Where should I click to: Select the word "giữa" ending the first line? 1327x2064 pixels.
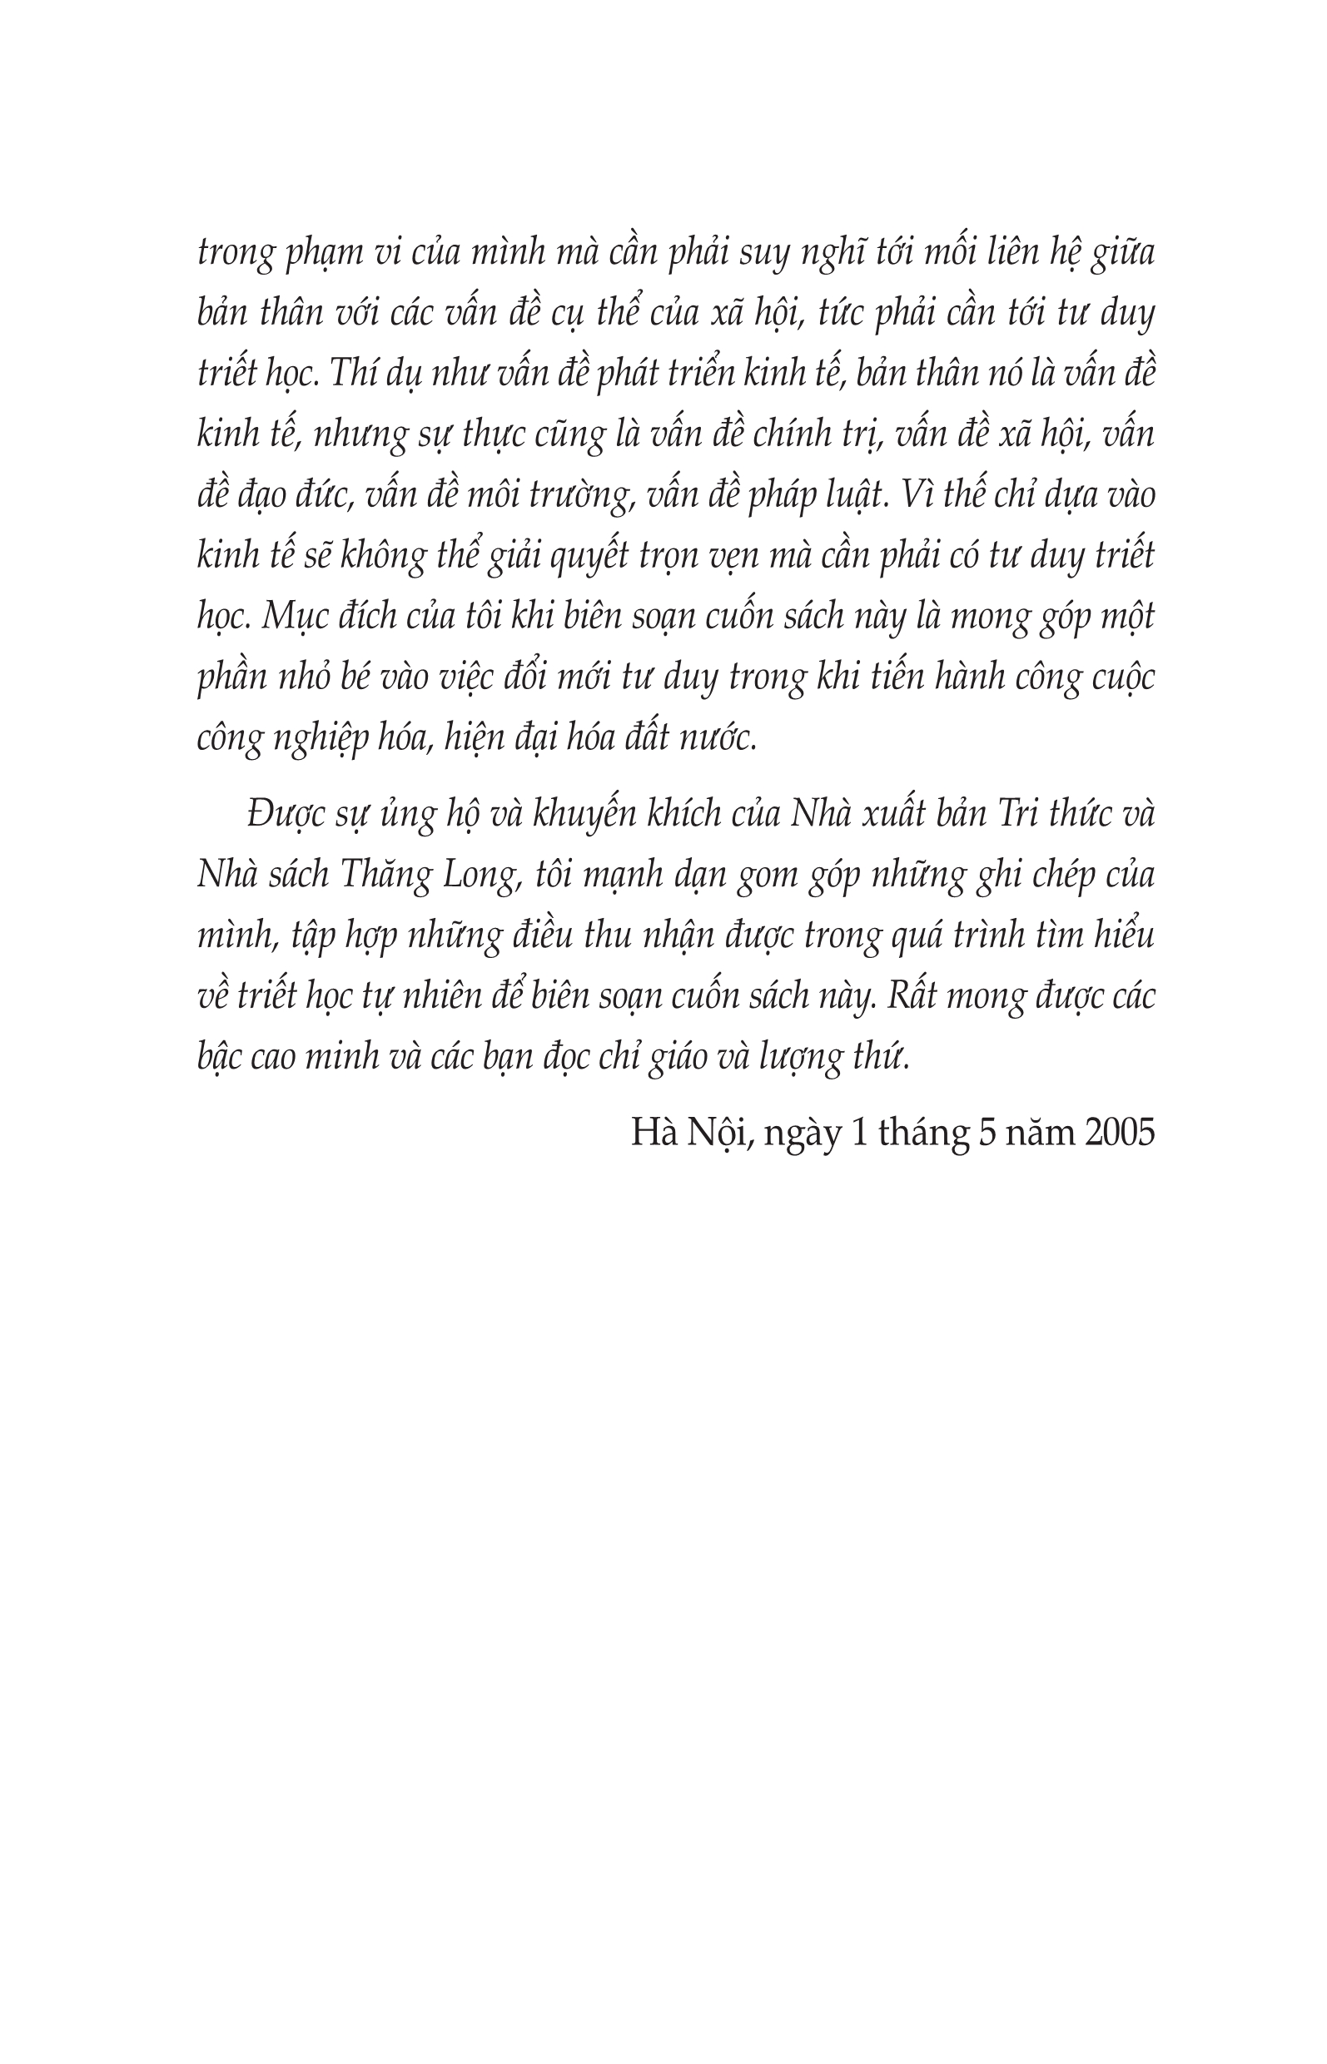pyautogui.click(x=1122, y=253)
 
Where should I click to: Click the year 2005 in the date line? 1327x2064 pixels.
pyautogui.click(x=1120, y=1132)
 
